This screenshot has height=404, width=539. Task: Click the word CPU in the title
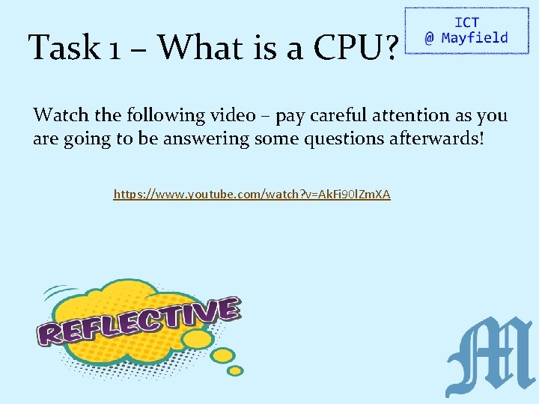pyautogui.click(x=347, y=48)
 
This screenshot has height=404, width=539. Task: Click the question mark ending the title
pyautogui.click(x=389, y=48)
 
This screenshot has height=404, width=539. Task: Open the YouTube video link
pyautogui.click(x=252, y=195)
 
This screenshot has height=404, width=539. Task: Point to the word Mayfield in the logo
pyautogui.click(x=475, y=38)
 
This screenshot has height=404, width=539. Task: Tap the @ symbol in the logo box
pyautogui.click(x=429, y=39)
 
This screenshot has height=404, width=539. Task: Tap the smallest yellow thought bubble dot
pyautogui.click(x=236, y=371)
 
